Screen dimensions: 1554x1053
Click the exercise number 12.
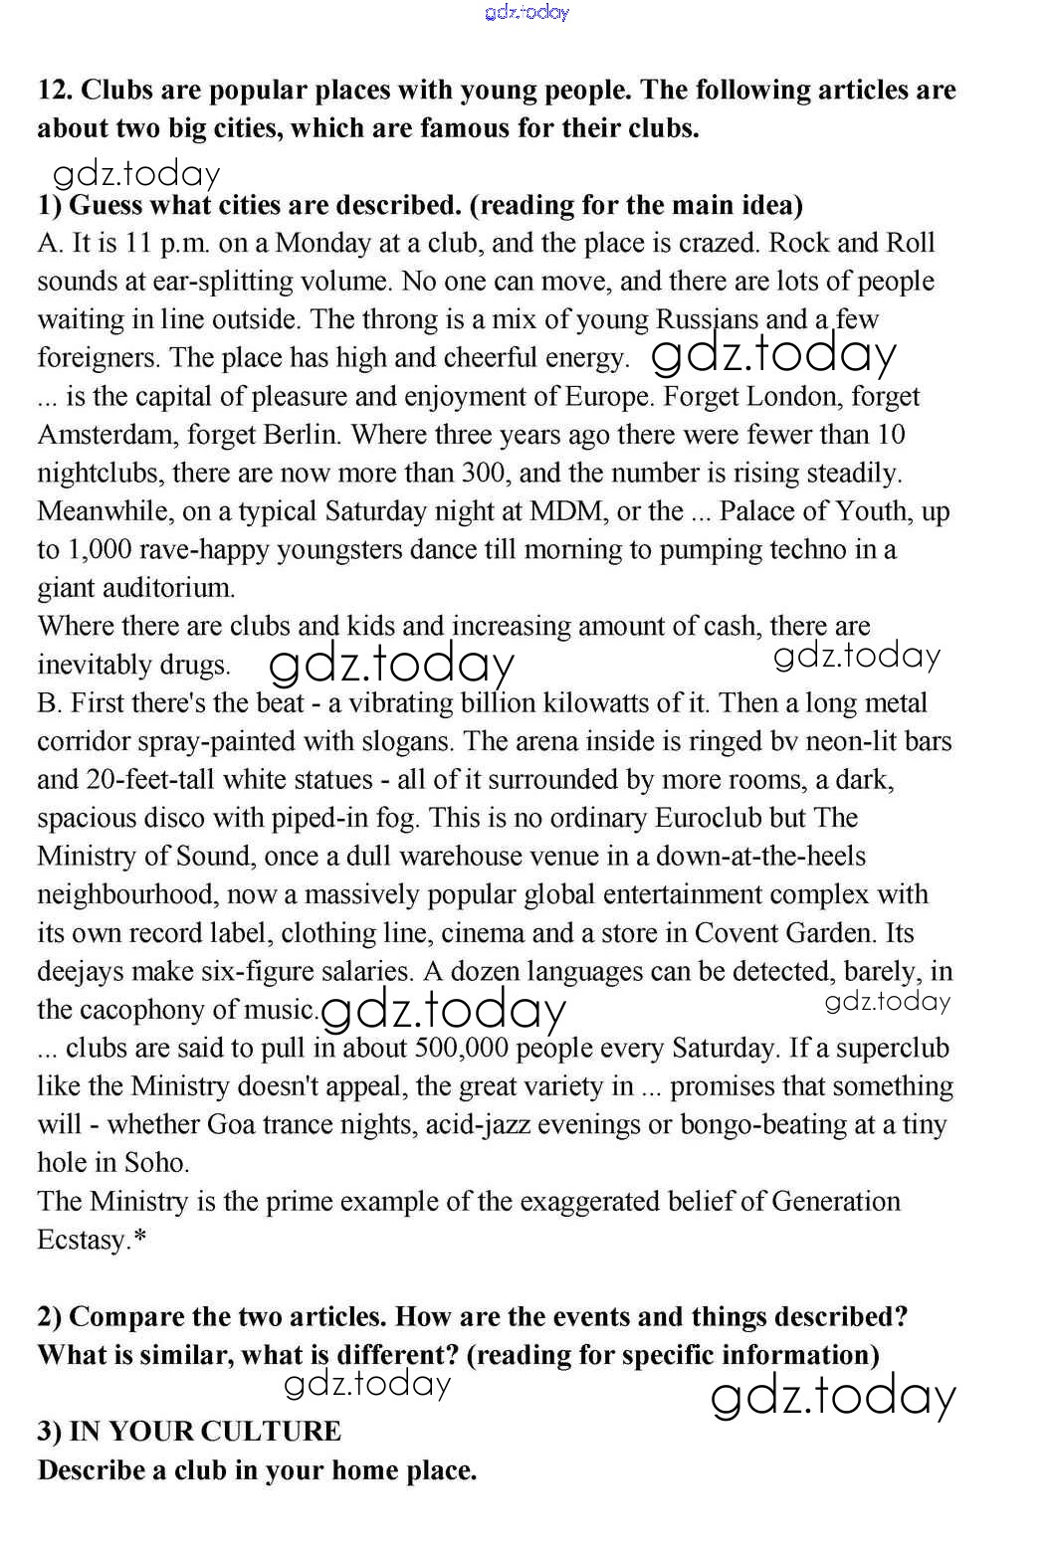click(x=54, y=91)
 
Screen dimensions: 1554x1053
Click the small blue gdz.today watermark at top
click(x=526, y=12)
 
